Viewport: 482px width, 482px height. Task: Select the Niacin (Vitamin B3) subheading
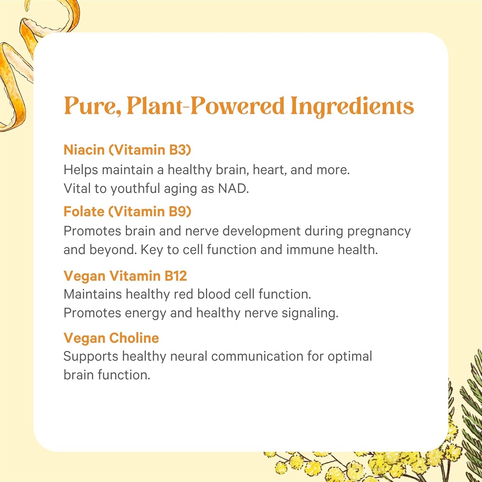pos(128,150)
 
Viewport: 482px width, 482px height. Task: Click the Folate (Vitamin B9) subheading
pos(128,211)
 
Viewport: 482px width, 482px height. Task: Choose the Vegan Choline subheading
pos(111,337)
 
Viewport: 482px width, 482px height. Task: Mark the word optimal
pos(349,356)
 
